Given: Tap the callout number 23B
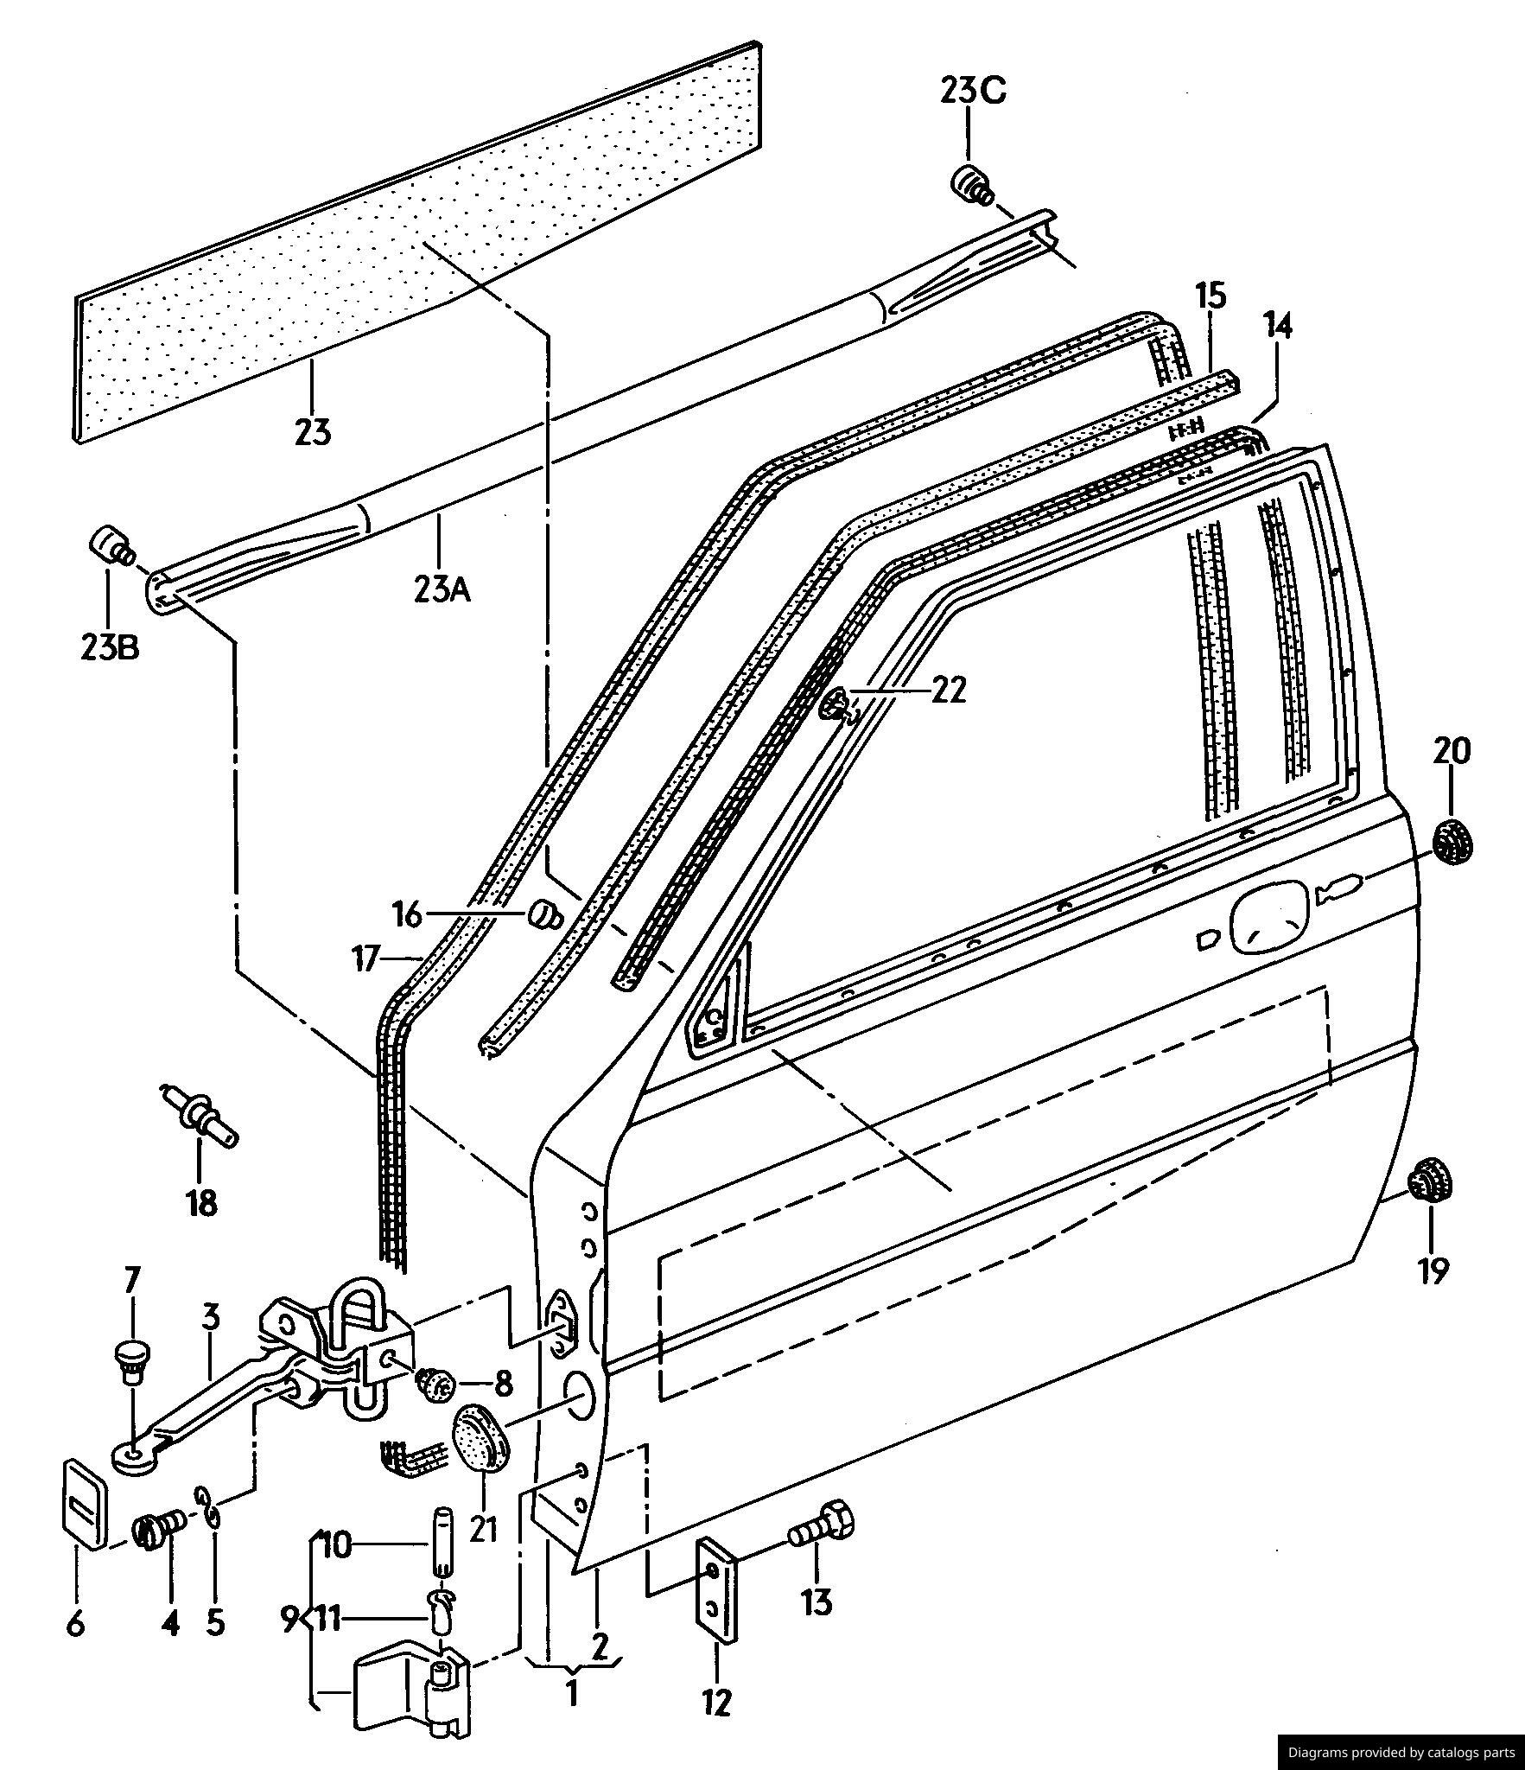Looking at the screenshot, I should (109, 647).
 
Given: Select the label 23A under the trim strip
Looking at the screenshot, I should (441, 589).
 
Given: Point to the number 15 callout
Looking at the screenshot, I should (1210, 296).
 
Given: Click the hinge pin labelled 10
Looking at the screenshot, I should (442, 1540).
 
